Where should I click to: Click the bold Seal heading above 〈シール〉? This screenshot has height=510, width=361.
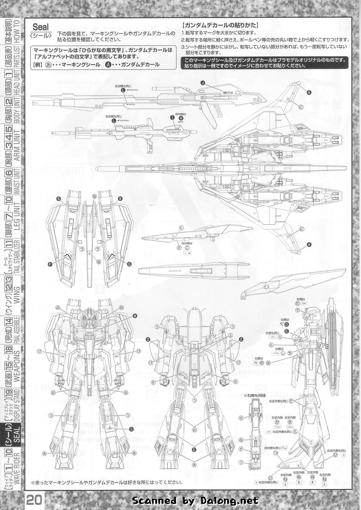coord(41,27)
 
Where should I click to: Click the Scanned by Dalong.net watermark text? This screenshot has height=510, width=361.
coord(195,501)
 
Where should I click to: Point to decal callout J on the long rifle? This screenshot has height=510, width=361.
coord(202,83)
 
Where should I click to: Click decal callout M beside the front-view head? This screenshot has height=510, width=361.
coord(135,315)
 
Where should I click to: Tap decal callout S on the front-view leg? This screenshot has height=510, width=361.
coord(131,429)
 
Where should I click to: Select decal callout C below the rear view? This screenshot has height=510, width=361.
coord(194,449)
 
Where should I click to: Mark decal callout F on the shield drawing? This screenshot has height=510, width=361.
coord(50,264)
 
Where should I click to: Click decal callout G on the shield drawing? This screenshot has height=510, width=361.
coord(129,264)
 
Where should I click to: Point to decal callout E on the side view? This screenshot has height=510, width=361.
coord(286,331)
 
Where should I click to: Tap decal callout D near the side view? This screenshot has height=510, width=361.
coord(286,324)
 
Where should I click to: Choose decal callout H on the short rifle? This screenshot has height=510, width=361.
coord(181,118)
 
